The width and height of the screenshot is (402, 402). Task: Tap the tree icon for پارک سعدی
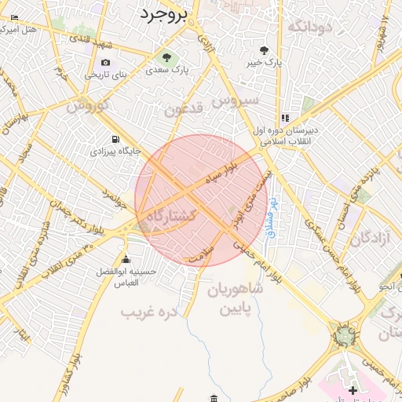166,57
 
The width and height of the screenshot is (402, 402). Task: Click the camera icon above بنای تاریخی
105,63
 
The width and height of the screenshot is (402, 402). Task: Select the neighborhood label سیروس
239,101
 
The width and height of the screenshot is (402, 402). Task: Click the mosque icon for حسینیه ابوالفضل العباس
126,260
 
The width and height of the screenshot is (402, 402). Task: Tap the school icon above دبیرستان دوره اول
284,118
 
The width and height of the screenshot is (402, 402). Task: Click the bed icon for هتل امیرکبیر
13,17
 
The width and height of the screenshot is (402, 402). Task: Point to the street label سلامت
202,252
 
